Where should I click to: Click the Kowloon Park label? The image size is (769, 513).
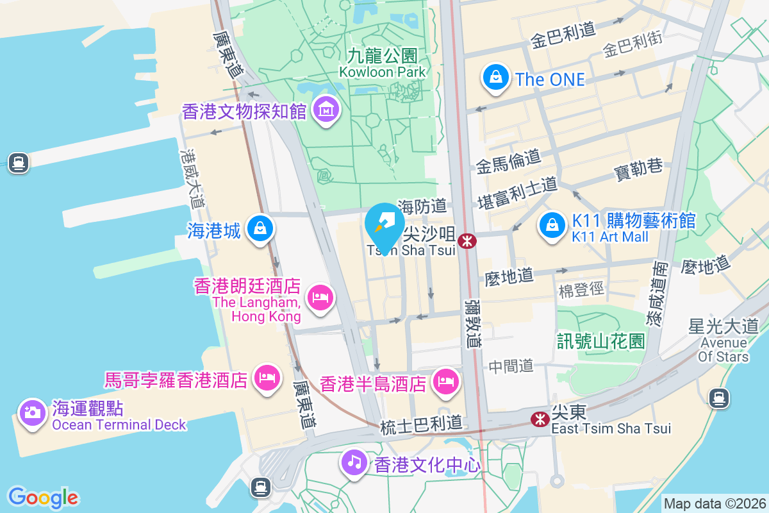coord(382,63)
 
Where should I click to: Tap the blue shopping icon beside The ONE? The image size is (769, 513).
coord(495,78)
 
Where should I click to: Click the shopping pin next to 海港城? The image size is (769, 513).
coord(261,228)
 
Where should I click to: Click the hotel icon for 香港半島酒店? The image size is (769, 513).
coord(444,383)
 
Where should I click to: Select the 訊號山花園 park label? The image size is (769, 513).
coord(601,341)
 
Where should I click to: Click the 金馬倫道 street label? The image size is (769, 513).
coord(509,162)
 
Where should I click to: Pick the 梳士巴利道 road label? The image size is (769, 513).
coord(420,425)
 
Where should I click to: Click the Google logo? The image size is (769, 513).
coord(43,498)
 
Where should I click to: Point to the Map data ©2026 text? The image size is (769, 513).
coord(715,504)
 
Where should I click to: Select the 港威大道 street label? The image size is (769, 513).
coord(192,179)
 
